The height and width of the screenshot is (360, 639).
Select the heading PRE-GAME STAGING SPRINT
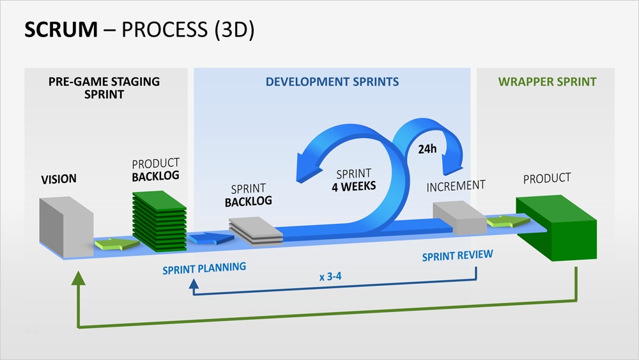click(104, 88)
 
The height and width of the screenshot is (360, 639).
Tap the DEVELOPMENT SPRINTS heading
click(332, 82)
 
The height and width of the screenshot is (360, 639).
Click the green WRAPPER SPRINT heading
click(548, 82)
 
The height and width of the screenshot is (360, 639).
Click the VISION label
click(59, 180)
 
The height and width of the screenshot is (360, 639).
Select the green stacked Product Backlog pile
click(159, 221)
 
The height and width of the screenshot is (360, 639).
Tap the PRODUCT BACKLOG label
click(155, 169)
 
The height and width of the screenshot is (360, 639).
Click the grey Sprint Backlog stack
click(256, 230)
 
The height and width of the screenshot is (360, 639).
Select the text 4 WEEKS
click(353, 187)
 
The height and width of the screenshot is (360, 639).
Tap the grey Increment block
click(458, 218)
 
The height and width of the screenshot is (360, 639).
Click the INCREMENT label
click(456, 187)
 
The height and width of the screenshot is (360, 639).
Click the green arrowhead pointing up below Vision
click(78, 277)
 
